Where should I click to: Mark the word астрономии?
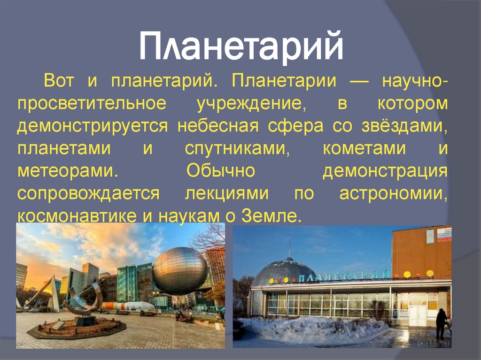393,193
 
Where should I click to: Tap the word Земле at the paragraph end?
271,215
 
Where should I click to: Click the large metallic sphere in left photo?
180,271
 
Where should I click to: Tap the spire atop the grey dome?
290,249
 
